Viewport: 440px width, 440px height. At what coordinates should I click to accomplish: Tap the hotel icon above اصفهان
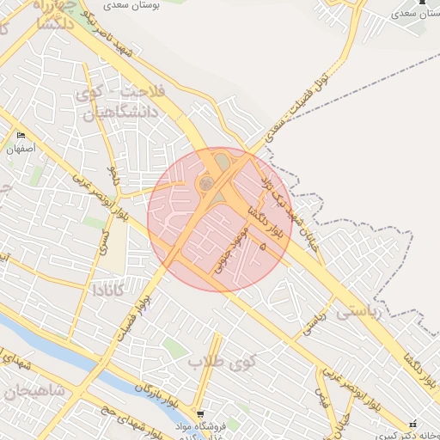(21, 136)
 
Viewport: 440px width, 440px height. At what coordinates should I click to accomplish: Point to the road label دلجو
(111, 176)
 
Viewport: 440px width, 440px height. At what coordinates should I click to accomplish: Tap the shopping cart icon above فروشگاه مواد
(200, 413)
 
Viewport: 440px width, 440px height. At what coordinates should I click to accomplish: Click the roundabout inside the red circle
(206, 183)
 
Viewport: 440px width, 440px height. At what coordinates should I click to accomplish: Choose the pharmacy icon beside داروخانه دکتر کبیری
(413, 425)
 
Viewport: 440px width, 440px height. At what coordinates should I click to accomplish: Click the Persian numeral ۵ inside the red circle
(262, 247)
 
